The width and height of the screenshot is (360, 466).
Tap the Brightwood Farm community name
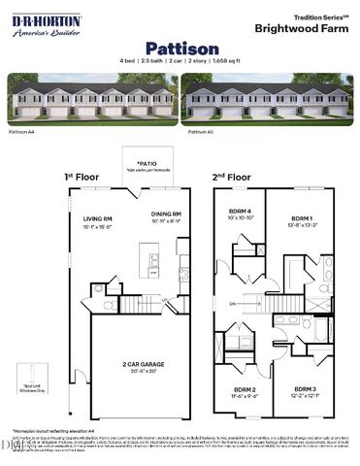point(303,29)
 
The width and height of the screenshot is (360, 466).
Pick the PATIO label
point(147,164)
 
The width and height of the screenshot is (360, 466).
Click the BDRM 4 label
point(239,211)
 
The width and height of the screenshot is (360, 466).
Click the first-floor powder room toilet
point(114,288)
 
